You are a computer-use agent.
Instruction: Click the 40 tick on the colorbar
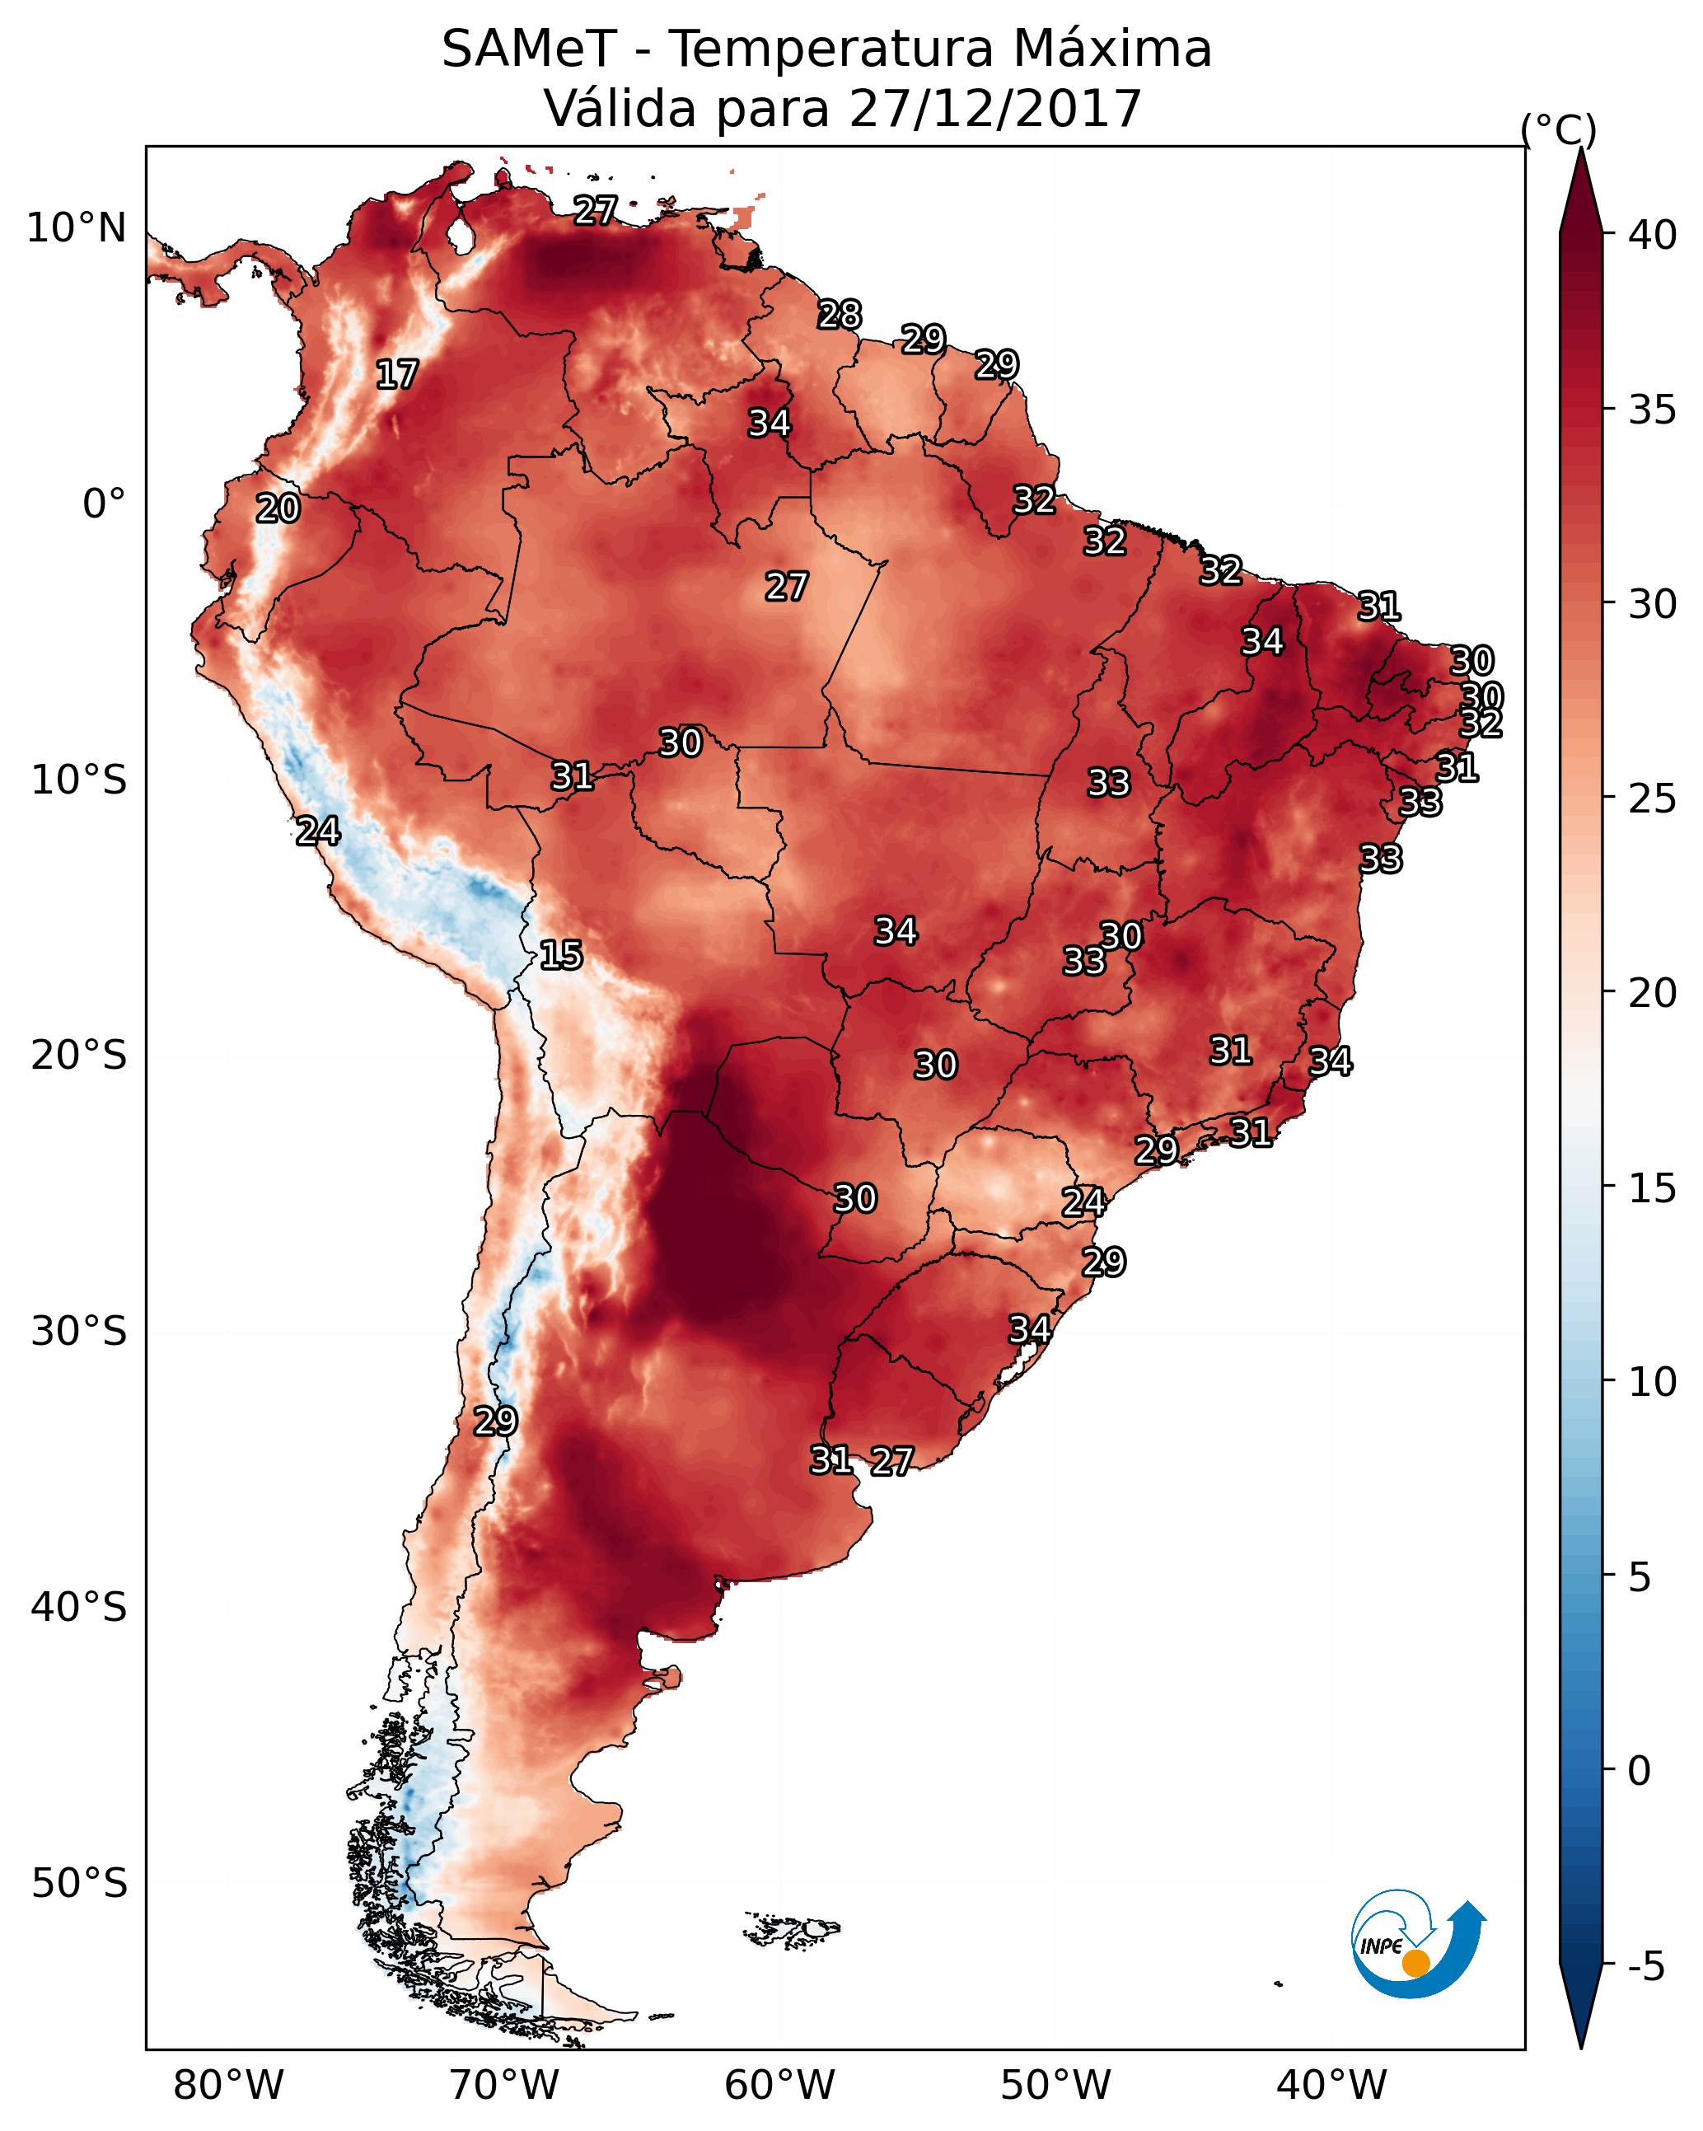click(x=1652, y=235)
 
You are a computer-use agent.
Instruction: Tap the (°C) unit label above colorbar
click(x=1559, y=129)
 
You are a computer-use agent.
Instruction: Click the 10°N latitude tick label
click(x=76, y=228)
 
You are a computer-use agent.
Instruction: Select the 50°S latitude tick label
click(x=79, y=1883)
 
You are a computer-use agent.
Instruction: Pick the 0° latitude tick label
click(x=104, y=504)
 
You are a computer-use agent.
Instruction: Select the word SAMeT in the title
click(x=529, y=49)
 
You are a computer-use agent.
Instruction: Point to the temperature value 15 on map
click(x=560, y=955)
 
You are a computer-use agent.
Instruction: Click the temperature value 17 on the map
click(x=397, y=375)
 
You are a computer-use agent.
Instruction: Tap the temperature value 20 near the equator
click(x=278, y=509)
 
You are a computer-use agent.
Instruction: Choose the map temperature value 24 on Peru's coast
click(x=318, y=831)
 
